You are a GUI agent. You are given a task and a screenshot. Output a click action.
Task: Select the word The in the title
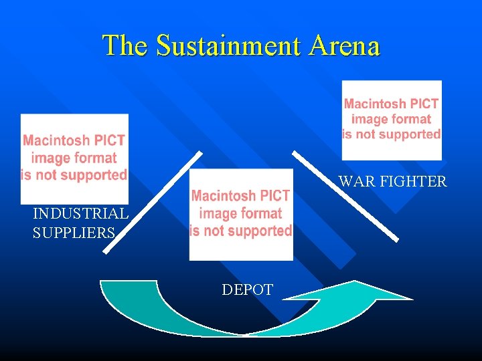tap(126, 45)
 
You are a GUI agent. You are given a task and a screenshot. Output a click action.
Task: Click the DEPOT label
tap(247, 290)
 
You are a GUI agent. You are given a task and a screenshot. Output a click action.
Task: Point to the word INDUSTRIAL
tap(80, 214)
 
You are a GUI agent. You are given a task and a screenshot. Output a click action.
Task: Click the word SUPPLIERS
tap(74, 233)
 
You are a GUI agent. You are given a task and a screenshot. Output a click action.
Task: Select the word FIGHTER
tap(413, 181)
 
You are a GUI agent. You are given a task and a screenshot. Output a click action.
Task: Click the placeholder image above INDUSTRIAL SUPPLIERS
tap(74, 158)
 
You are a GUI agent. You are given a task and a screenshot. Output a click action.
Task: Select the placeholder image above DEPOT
tap(241, 214)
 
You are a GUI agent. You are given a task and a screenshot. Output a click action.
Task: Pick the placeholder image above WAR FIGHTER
tap(392, 120)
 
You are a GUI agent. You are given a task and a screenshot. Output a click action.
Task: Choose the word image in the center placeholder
tap(218, 213)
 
